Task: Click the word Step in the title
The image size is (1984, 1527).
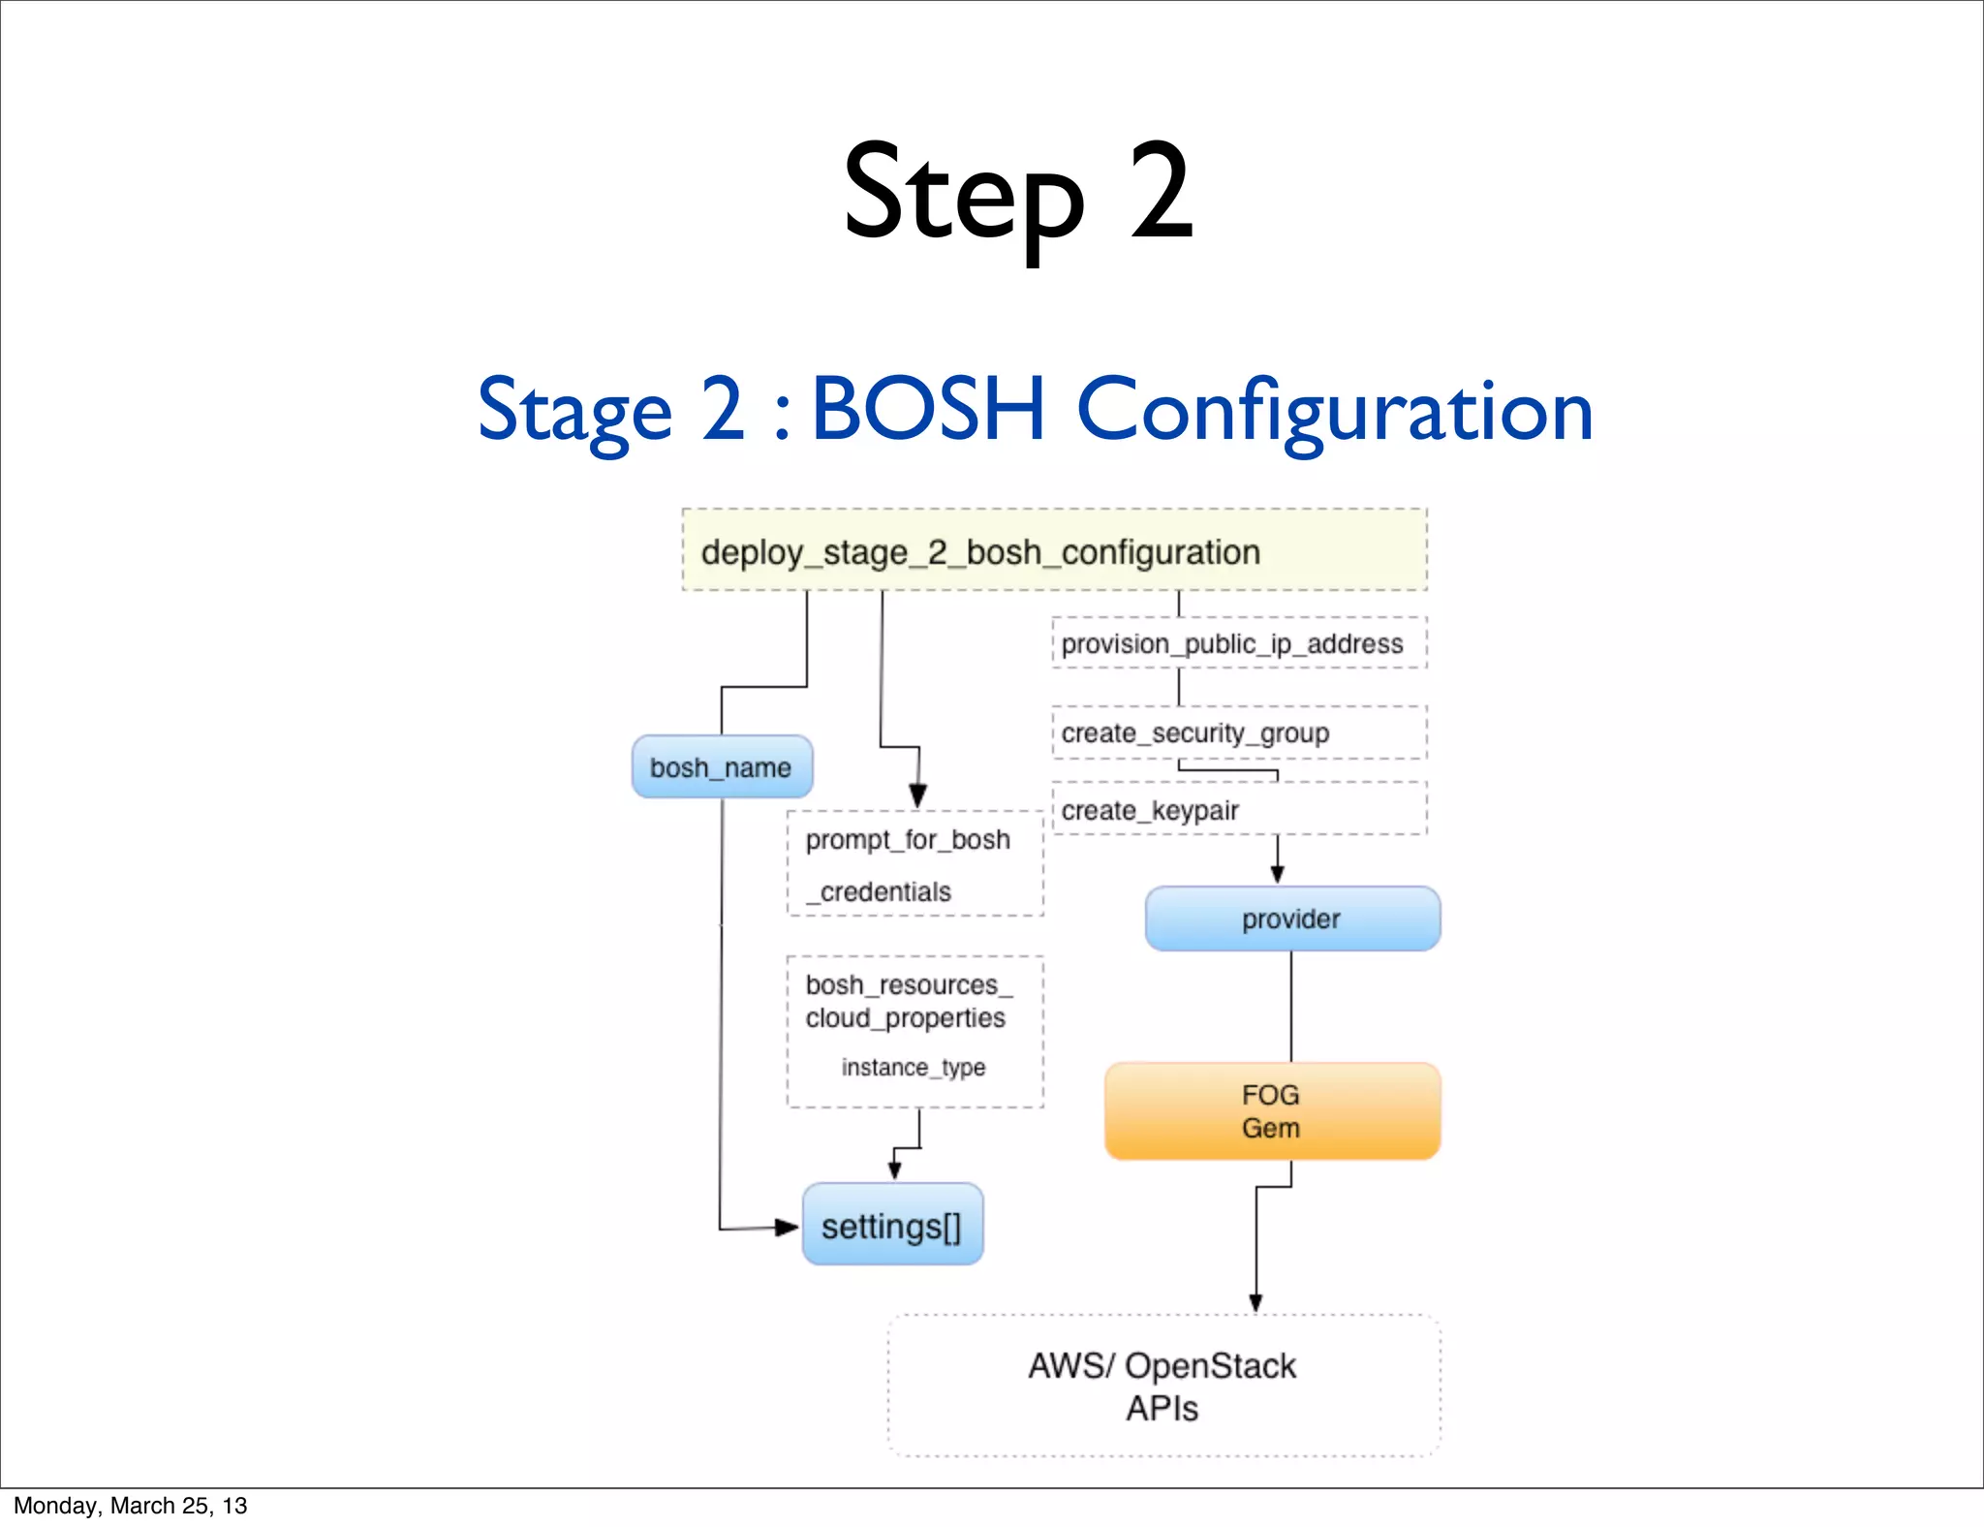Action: [x=963, y=194]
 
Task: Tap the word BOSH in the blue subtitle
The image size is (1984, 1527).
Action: [x=927, y=410]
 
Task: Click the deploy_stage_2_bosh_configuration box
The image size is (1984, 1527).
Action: [x=1054, y=550]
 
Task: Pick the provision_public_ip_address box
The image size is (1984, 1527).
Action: [x=1238, y=643]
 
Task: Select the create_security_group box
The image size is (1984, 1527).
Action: [x=1238, y=732]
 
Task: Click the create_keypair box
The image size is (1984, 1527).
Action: [x=1238, y=809]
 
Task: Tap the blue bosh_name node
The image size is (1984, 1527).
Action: [x=722, y=767]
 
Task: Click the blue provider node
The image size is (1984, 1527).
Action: [x=1291, y=919]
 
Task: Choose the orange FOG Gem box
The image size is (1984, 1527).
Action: [x=1271, y=1111]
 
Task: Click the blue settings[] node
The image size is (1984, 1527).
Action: [x=892, y=1226]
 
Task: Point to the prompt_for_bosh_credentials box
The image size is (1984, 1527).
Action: [x=914, y=864]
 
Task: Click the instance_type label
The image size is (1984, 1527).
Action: [x=914, y=1067]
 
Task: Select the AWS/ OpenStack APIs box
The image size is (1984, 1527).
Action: [x=1162, y=1386]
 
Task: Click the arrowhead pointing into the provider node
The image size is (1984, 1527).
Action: [x=1277, y=874]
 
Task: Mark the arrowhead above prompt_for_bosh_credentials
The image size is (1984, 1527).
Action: [x=918, y=796]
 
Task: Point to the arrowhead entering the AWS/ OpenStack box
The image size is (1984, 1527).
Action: [x=1255, y=1302]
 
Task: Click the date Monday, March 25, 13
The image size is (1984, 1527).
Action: [x=130, y=1506]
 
